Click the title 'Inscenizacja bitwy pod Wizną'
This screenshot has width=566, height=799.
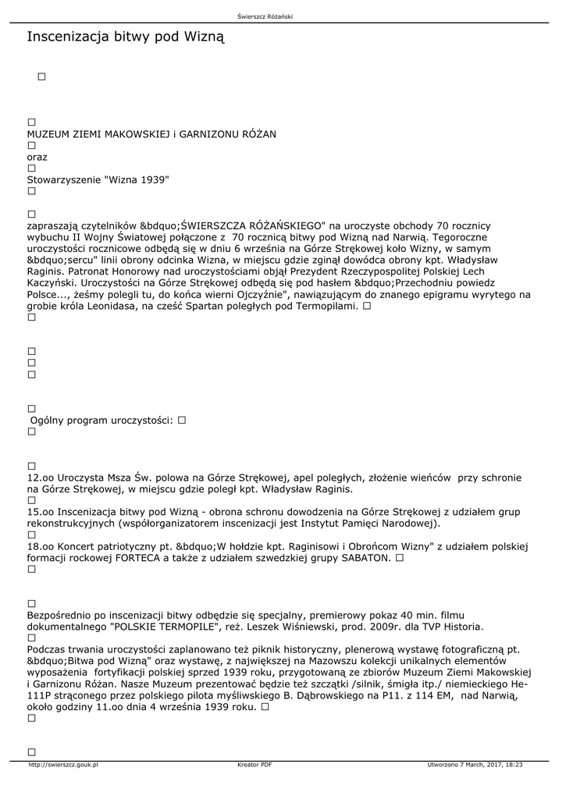126,37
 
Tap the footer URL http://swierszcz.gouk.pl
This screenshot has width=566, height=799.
63,765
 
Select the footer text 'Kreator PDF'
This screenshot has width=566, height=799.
255,765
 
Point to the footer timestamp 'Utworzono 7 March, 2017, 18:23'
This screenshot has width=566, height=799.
475,765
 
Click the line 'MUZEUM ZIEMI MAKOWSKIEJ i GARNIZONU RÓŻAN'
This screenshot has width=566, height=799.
151,134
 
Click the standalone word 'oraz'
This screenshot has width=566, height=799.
37,157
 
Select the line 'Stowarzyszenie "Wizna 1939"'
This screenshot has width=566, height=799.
98,179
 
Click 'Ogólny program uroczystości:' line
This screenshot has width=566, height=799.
101,420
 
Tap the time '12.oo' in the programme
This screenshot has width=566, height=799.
39,477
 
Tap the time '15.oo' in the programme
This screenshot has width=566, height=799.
39,511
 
